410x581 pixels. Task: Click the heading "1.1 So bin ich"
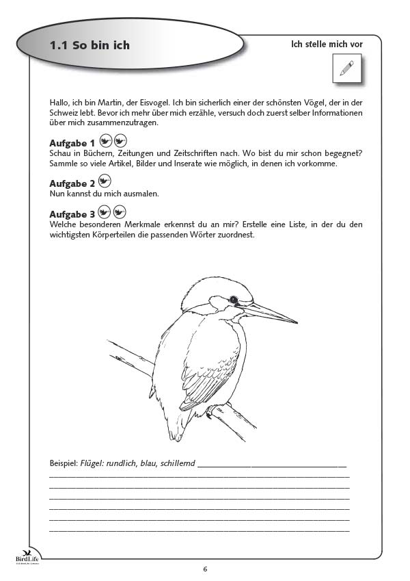(90, 46)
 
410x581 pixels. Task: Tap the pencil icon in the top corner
(346, 68)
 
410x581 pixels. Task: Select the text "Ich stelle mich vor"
(327, 44)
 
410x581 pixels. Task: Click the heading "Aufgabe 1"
(72, 143)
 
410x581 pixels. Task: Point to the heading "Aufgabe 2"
(72, 183)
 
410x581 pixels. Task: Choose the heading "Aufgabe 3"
(72, 214)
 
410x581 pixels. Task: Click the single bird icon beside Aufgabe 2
(105, 181)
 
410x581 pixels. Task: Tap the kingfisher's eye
(234, 299)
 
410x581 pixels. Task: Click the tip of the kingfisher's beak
(296, 321)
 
